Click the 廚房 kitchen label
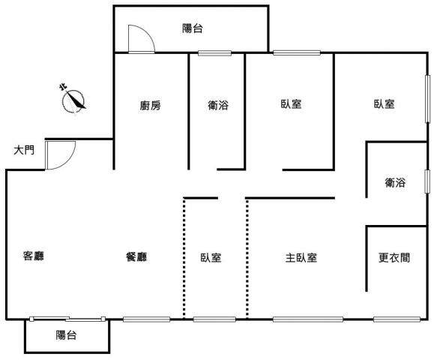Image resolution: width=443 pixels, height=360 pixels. [151, 106]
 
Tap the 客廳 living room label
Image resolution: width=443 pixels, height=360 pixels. [34, 256]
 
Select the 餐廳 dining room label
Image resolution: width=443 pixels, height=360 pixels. [136, 256]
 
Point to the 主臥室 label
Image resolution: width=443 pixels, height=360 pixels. [301, 258]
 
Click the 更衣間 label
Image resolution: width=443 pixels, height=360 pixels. [394, 257]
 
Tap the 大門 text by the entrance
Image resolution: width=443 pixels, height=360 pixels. [24, 150]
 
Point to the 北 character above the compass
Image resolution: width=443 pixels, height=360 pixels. [63, 87]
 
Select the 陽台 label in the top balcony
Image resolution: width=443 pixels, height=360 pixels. [193, 28]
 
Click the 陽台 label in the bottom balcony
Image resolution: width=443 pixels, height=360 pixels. [66, 335]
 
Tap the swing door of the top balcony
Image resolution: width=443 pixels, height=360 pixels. [141, 39]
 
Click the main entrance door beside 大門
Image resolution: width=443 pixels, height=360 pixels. [60, 155]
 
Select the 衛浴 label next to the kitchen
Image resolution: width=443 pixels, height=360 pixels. [218, 106]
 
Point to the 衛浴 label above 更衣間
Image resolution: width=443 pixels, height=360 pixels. [395, 182]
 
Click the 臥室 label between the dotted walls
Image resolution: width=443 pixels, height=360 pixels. [211, 258]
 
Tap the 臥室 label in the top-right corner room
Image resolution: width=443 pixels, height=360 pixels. [385, 104]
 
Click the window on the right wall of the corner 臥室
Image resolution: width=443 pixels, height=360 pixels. [428, 99]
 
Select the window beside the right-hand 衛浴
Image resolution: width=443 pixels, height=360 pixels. [427, 181]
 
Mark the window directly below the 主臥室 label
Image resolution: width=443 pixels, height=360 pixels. [308, 319]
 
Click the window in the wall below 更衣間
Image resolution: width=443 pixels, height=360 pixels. [397, 319]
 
